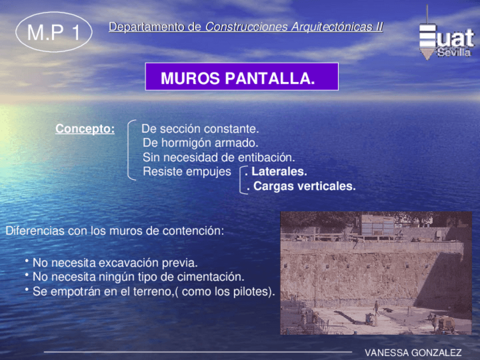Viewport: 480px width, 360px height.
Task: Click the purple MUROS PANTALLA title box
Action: point(242,77)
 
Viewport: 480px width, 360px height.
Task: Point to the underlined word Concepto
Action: point(85,129)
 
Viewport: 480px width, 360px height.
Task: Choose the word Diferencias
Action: point(35,231)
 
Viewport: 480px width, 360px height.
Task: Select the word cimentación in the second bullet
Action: point(211,277)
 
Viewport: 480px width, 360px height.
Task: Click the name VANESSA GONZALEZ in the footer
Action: point(413,353)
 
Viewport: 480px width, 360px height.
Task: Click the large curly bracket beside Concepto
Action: point(131,149)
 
